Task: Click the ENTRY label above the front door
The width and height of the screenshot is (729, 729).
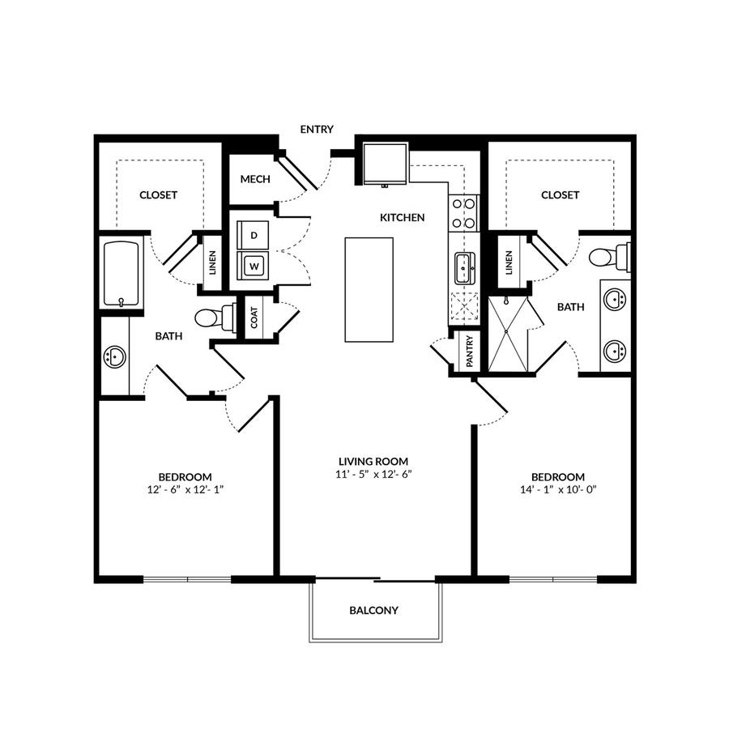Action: click(317, 130)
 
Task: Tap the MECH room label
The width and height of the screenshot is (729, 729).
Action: click(255, 179)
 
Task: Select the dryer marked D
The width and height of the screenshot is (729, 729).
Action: click(253, 235)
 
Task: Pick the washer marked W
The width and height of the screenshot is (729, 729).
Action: click(253, 266)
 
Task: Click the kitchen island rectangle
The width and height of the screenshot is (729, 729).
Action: click(369, 290)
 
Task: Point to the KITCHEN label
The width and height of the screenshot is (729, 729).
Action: click(402, 218)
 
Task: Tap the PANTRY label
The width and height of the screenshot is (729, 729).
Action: click(469, 352)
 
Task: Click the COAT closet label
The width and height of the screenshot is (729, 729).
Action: click(254, 318)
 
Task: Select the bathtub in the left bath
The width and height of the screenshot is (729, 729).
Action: click(122, 274)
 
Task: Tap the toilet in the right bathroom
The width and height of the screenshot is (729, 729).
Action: click(609, 257)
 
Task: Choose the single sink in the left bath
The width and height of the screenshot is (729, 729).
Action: click(114, 357)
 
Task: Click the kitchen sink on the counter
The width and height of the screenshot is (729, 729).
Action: click(464, 268)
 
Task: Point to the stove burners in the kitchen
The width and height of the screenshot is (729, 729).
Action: click(463, 213)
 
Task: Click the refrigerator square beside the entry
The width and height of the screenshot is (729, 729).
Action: click(385, 164)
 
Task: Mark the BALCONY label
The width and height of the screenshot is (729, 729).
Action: click(373, 611)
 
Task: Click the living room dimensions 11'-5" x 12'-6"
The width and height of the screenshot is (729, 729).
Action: click(374, 475)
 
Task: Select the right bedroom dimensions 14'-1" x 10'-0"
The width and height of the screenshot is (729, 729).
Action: click(558, 489)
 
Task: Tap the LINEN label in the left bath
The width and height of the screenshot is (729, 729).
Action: click(212, 262)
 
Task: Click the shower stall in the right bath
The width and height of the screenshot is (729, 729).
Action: click(508, 334)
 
